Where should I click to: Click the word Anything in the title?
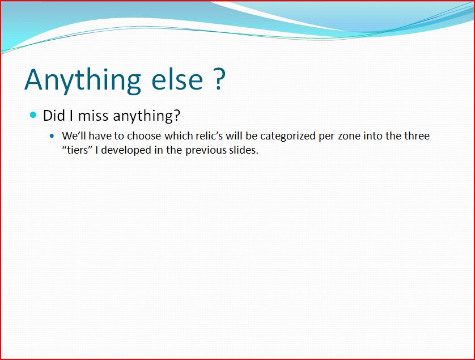click(x=83, y=81)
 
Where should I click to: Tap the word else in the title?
click(x=177, y=79)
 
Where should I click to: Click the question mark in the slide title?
click(x=219, y=79)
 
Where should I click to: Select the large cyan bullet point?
click(x=33, y=115)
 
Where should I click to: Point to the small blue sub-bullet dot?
click(x=52, y=136)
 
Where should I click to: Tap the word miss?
click(x=94, y=116)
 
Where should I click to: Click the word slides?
click(x=244, y=150)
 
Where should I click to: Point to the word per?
click(x=326, y=137)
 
